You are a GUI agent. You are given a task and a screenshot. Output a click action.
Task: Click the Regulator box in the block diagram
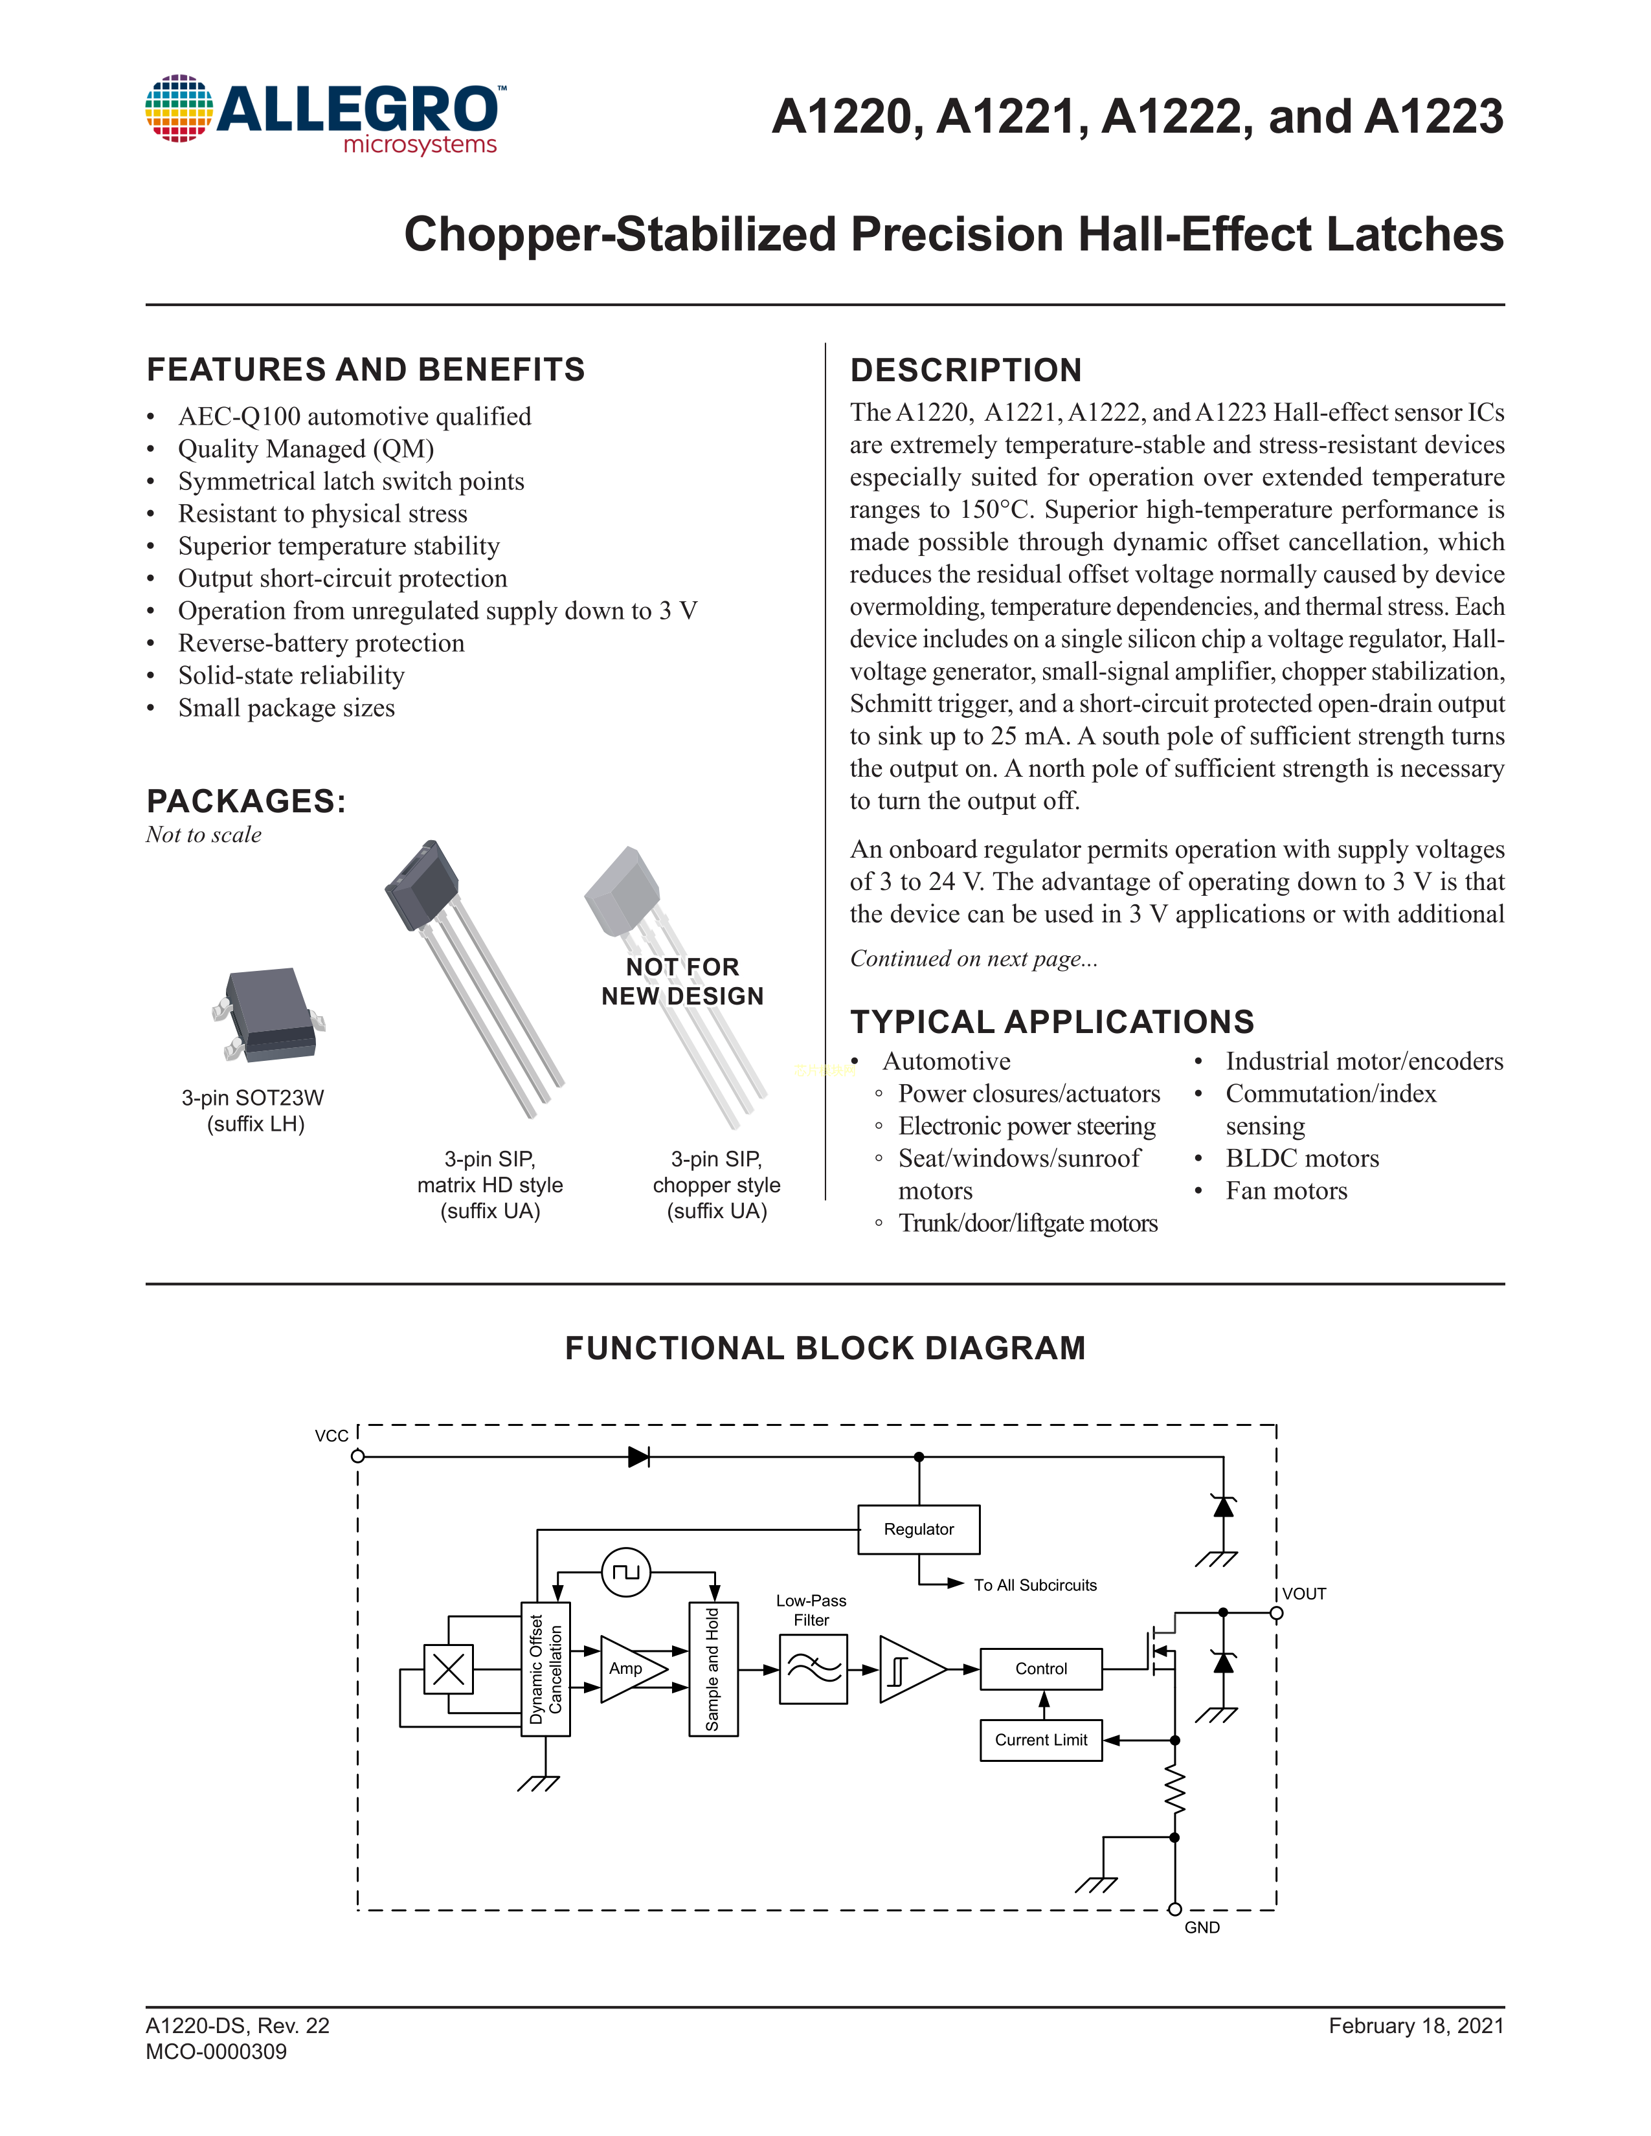pyautogui.click(x=919, y=1530)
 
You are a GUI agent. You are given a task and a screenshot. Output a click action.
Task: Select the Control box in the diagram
pyautogui.click(x=1040, y=1669)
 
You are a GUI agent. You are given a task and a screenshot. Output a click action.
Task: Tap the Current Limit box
pyautogui.click(x=1040, y=1740)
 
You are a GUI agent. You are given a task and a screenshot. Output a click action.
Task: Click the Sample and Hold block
pyautogui.click(x=713, y=1669)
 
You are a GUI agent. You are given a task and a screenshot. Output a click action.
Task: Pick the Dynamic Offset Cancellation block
pyautogui.click(x=546, y=1669)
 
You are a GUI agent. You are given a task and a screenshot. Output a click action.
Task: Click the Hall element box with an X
pyautogui.click(x=448, y=1669)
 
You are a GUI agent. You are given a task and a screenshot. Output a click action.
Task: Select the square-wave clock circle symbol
pyautogui.click(x=626, y=1572)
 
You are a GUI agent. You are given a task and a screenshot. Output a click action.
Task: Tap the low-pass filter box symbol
pyautogui.click(x=813, y=1669)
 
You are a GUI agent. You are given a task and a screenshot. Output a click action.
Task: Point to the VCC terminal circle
pyautogui.click(x=358, y=1456)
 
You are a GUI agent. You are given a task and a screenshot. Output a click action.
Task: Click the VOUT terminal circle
pyautogui.click(x=1276, y=1613)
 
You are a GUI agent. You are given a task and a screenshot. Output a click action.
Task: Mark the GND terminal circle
pyautogui.click(x=1174, y=1909)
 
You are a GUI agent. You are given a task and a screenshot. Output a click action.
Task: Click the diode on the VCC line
pyautogui.click(x=638, y=1456)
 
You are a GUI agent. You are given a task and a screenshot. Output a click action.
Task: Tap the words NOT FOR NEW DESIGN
pyautogui.click(x=682, y=981)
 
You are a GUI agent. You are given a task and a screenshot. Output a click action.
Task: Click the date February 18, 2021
pyautogui.click(x=1415, y=2025)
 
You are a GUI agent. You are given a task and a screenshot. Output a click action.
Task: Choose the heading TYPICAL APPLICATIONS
pyautogui.click(x=1051, y=1021)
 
